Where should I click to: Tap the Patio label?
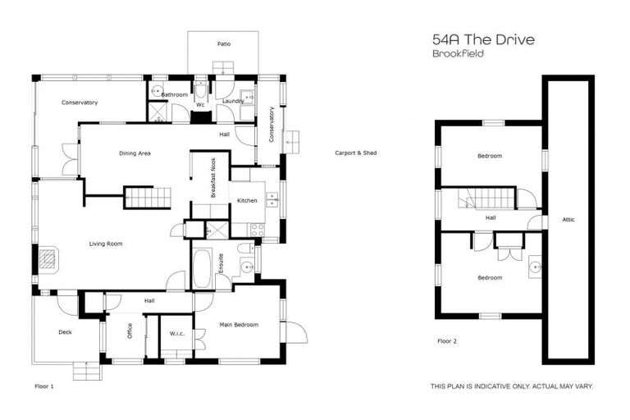[x=223, y=43]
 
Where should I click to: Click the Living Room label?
[x=106, y=244]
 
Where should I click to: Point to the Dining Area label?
[x=135, y=153]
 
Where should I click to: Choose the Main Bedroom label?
[x=239, y=325]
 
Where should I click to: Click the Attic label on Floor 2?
[x=568, y=219]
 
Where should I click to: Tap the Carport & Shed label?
[x=356, y=153]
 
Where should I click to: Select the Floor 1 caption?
[x=43, y=385]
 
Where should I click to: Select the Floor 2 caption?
[x=447, y=340]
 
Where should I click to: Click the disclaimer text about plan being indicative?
[x=512, y=386]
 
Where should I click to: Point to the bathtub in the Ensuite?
[x=202, y=267]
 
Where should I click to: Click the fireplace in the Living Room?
[x=50, y=260]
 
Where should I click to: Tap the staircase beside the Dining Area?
[x=147, y=198]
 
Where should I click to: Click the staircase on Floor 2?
[x=486, y=198]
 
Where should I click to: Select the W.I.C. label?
[x=176, y=333]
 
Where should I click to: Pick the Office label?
[x=129, y=331]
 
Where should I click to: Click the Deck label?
[x=66, y=332]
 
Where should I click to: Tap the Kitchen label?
[x=247, y=201]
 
